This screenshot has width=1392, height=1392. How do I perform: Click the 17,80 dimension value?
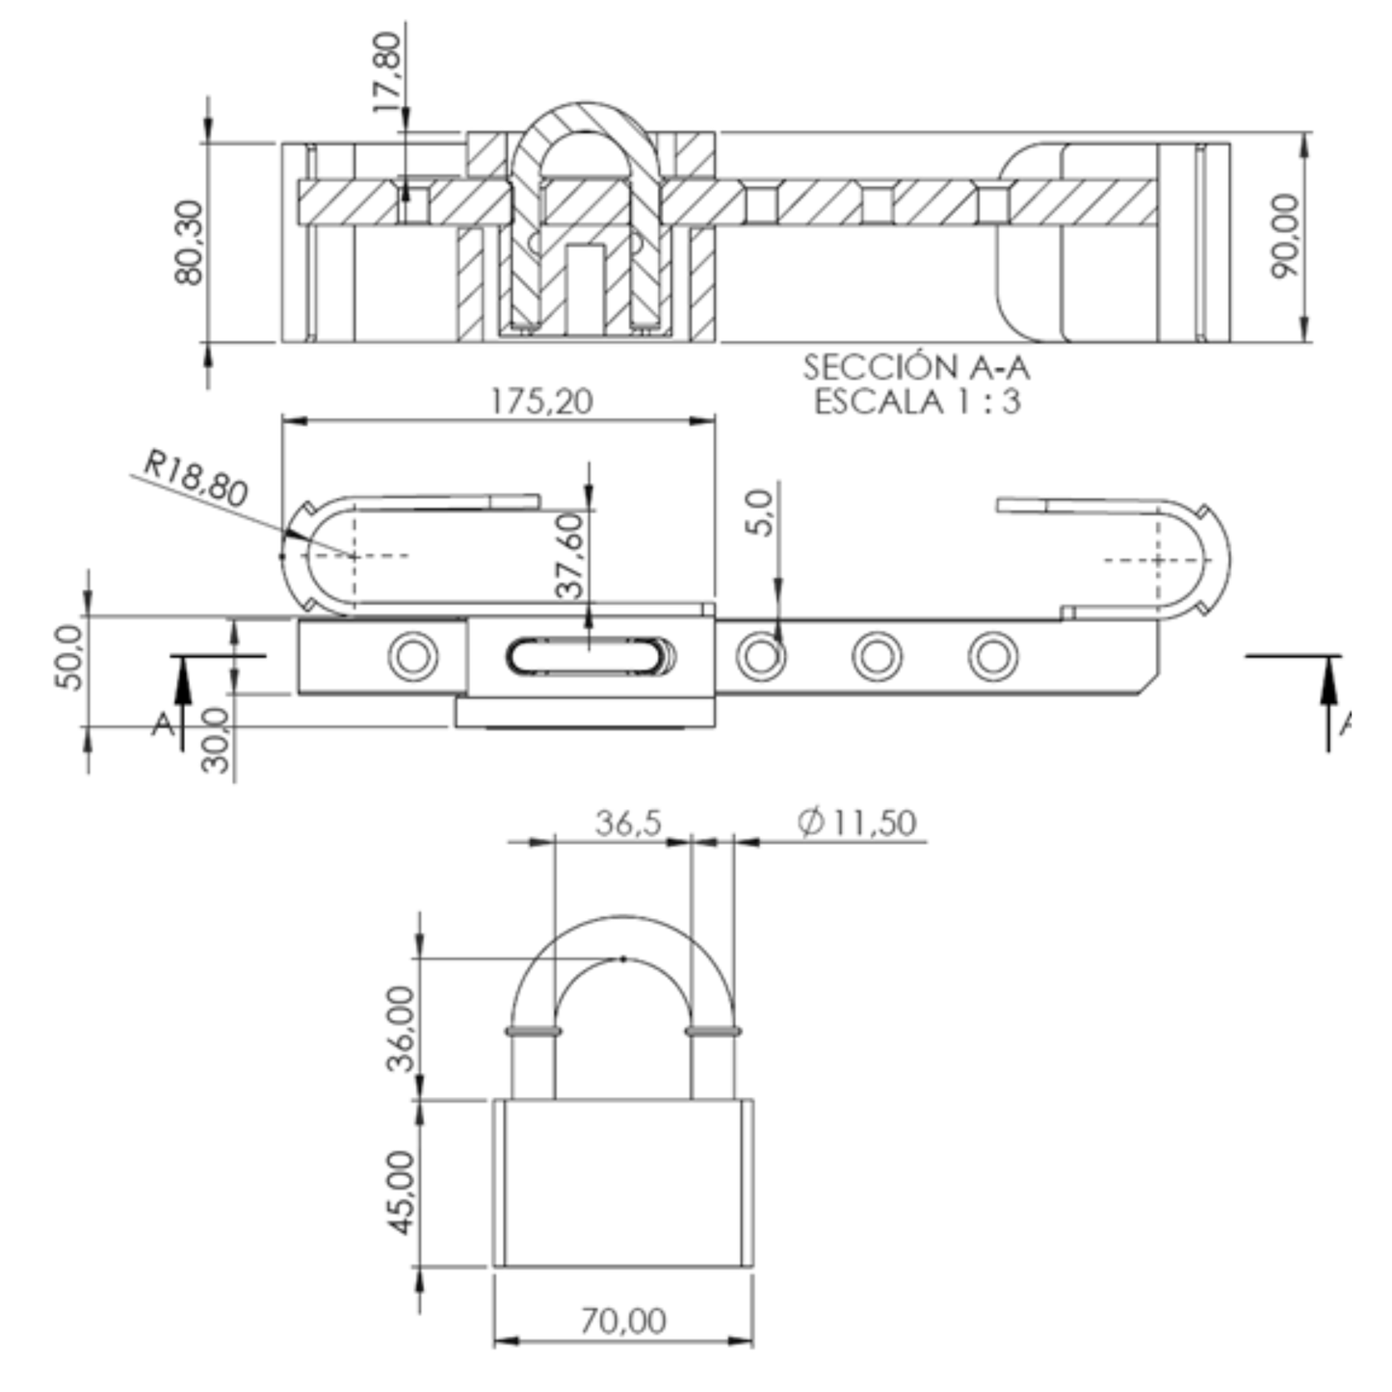pos(388,71)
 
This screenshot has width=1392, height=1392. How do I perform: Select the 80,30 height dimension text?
pos(189,243)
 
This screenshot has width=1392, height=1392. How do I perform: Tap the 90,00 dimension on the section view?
pos(1285,236)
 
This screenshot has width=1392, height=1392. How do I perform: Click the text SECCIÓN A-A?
pos(917,367)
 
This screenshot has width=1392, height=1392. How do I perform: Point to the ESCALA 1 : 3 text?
pos(918,402)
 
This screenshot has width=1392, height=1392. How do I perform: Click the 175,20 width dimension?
pos(541,401)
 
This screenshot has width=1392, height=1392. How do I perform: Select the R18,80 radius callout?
pos(197,478)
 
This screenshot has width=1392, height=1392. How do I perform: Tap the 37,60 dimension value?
pos(570,556)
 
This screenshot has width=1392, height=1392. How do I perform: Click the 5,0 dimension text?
pos(758,512)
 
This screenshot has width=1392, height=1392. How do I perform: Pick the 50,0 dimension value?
pos(70,657)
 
